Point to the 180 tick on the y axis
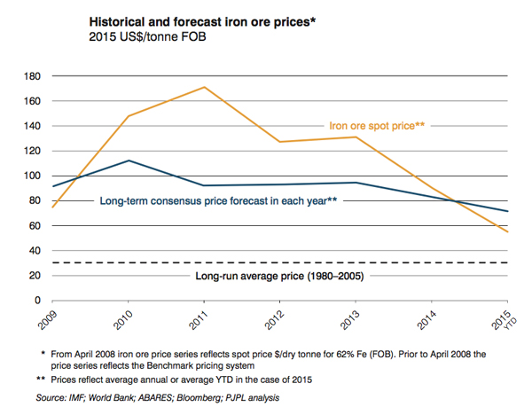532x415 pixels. (x=35, y=76)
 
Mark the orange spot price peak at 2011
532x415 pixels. (x=206, y=87)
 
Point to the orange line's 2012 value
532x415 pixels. (x=280, y=142)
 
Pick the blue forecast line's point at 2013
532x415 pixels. (x=355, y=183)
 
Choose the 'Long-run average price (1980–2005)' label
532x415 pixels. (x=279, y=277)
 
